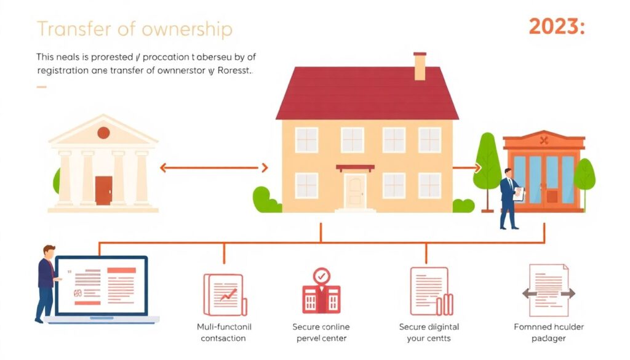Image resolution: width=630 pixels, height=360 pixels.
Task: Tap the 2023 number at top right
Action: [x=556, y=28]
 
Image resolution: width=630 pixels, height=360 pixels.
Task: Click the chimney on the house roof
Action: [x=420, y=66]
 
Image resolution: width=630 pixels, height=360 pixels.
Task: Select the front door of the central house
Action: [x=354, y=191]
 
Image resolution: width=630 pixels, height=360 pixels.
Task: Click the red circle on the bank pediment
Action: [x=103, y=132]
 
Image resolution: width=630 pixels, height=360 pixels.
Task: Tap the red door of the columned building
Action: [x=104, y=190]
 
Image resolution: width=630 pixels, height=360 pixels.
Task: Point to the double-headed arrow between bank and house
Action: [x=213, y=167]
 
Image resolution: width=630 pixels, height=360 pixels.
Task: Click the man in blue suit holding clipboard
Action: [x=509, y=198]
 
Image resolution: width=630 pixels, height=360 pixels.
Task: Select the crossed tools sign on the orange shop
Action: [x=543, y=140]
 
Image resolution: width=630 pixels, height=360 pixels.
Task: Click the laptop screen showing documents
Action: [x=102, y=287]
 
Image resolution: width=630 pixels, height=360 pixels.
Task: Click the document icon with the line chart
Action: [x=225, y=295]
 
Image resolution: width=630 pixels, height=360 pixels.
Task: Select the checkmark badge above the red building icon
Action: [x=321, y=276]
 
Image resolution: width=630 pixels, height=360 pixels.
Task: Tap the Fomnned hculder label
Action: [x=549, y=332]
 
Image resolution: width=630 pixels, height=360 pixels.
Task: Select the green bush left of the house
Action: [x=266, y=200]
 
